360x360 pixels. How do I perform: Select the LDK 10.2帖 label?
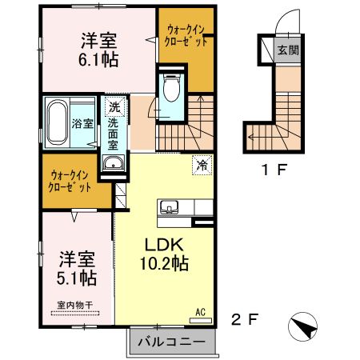166,254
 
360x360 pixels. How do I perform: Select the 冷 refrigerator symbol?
202,166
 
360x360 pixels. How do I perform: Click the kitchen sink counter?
170,208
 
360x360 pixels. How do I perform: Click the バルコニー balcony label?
171,343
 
